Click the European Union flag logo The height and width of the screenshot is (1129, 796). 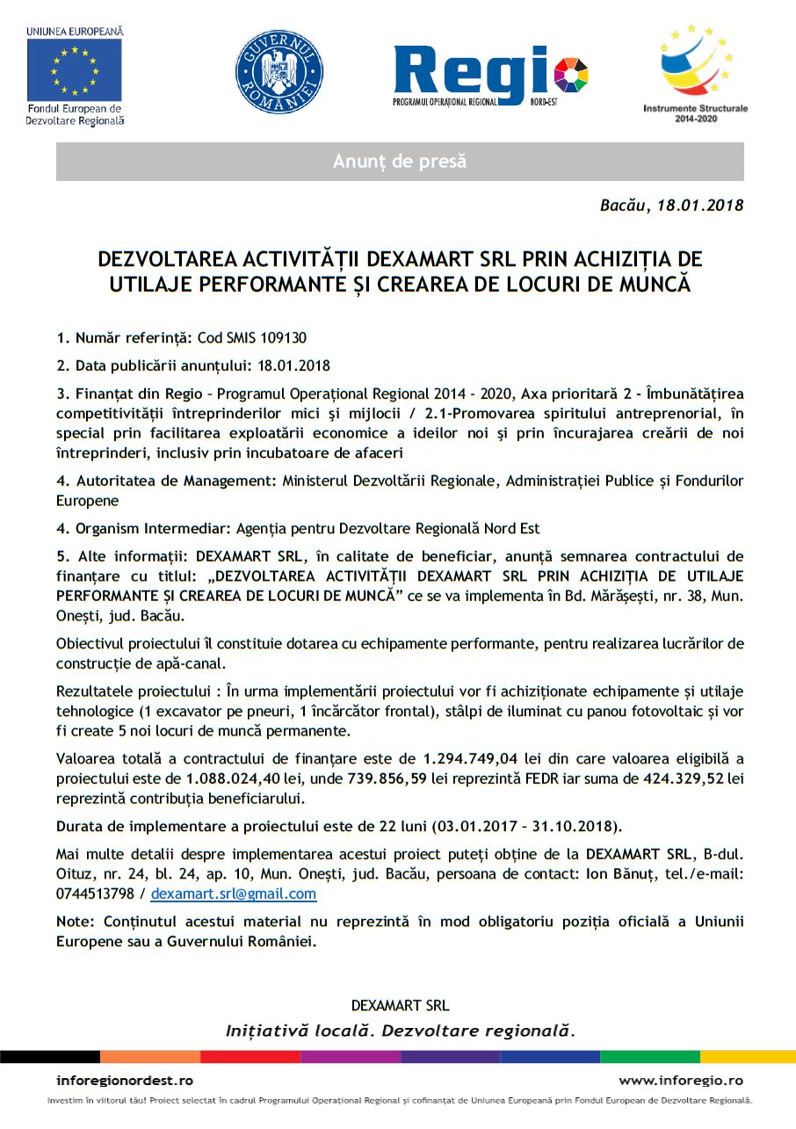tap(74, 69)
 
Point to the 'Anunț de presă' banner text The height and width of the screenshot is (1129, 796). tap(400, 162)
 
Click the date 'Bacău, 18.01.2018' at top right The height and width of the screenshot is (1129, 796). tap(672, 206)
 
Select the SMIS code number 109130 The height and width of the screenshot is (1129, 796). tap(282, 337)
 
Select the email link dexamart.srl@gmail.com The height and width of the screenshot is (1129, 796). tap(233, 894)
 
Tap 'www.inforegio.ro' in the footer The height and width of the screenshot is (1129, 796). tap(681, 1081)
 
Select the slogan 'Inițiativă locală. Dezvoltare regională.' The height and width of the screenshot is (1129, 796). tap(401, 1030)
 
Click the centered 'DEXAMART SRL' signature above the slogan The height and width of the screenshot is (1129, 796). tap(400, 1005)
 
